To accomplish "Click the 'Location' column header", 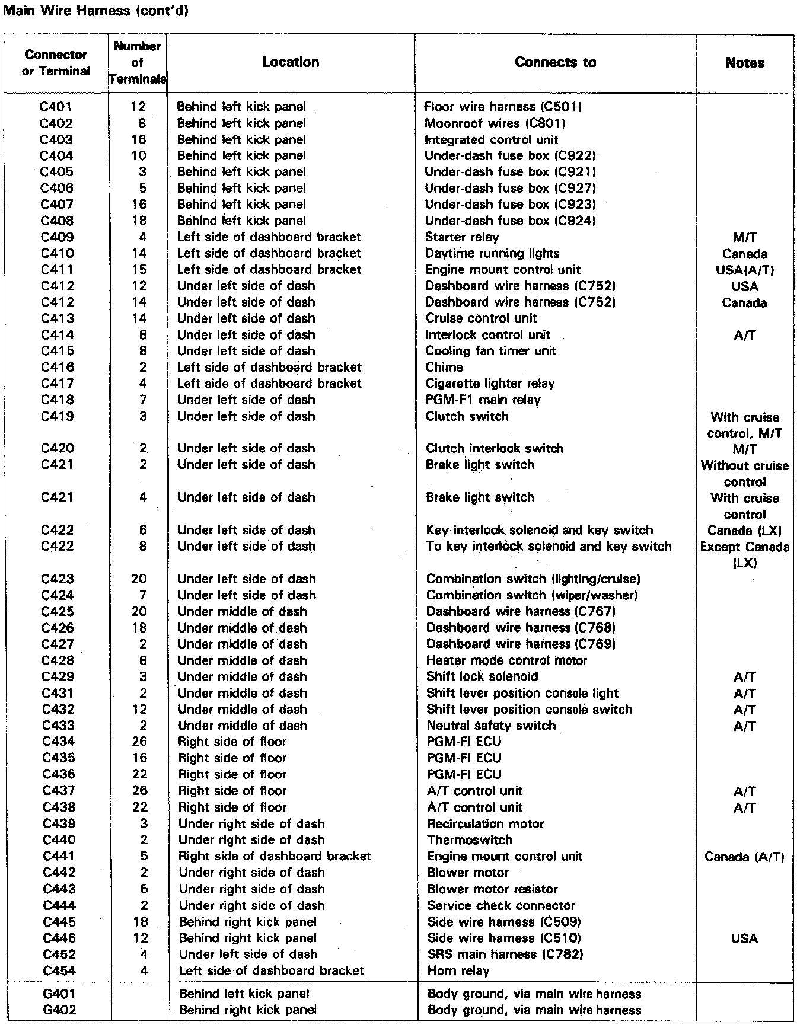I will click(291, 62).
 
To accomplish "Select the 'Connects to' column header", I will click(555, 62).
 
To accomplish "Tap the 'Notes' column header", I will click(745, 63).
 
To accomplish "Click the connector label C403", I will click(56, 140).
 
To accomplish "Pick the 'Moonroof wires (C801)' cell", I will click(495, 123).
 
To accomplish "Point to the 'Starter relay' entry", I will click(462, 237).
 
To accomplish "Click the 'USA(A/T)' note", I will click(745, 270).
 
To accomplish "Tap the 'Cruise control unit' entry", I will click(481, 318).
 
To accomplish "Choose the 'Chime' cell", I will click(444, 367).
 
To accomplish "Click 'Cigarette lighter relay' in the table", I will click(490, 384).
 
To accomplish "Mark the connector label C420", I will click(58, 449).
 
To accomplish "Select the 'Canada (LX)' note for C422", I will click(745, 531).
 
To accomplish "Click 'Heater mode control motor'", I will click(506, 660).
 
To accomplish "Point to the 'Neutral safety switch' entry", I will click(491, 726).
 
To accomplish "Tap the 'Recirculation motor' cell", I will click(485, 823).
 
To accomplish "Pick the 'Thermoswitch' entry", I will click(469, 840).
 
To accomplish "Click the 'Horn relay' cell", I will click(458, 971).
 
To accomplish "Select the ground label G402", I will click(59, 1010).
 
